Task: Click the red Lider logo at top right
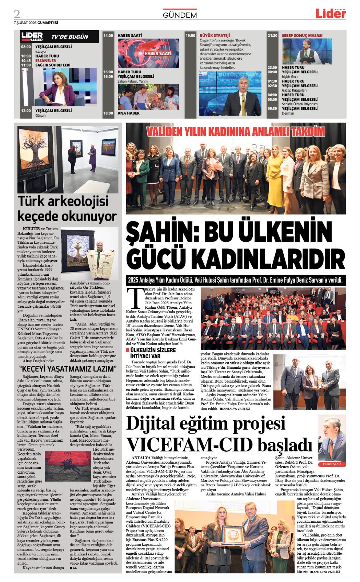click(330, 14)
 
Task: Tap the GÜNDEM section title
click(180, 15)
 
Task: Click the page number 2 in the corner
click(17, 14)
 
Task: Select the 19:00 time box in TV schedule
click(190, 36)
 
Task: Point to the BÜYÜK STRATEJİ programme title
click(215, 36)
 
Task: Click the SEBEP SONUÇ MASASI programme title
click(302, 36)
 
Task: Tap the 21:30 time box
click(272, 36)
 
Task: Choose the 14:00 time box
click(108, 36)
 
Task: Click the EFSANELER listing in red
click(46, 61)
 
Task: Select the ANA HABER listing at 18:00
click(128, 113)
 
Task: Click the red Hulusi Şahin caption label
click(332, 464)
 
